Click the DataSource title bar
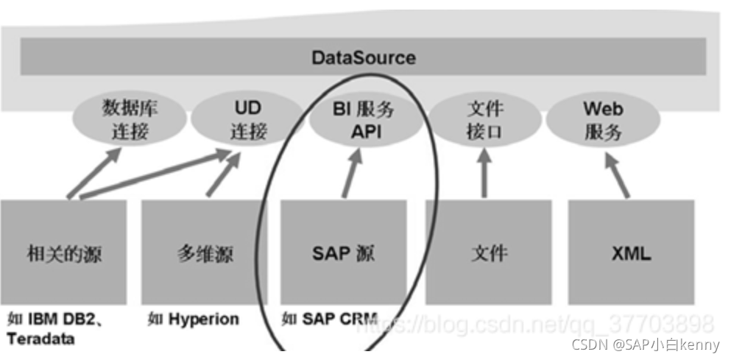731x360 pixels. tap(363, 57)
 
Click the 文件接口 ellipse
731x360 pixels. tap(484, 120)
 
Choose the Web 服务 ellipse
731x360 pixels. tap(603, 120)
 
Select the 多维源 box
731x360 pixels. tap(204, 253)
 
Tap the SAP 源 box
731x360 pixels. tap(343, 253)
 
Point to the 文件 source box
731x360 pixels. tap(488, 253)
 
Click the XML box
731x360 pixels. tap(631, 253)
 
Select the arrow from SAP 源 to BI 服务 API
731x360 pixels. tap(352, 174)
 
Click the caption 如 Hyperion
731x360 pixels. tap(194, 320)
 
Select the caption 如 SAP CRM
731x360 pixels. tap(329, 320)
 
